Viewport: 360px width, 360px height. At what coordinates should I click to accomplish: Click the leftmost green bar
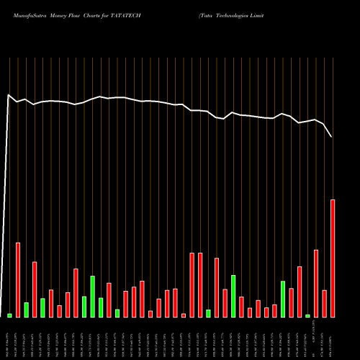[x=9, y=315]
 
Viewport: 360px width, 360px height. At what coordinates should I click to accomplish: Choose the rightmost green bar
[x=307, y=315]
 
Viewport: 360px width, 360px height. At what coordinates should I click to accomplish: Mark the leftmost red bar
[x=18, y=279]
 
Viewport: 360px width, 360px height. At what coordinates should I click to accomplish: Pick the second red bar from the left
[x=35, y=289]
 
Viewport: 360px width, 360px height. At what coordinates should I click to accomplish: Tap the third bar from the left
[x=26, y=310]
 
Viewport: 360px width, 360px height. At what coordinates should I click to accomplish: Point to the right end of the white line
[x=332, y=137]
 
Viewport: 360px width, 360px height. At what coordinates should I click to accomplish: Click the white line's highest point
[x=9, y=94]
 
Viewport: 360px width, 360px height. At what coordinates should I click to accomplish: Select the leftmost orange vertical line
[x=9, y=187]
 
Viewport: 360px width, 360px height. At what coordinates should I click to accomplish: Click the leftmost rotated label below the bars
[x=9, y=338]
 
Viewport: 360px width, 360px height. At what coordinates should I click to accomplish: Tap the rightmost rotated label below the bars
[x=333, y=338]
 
